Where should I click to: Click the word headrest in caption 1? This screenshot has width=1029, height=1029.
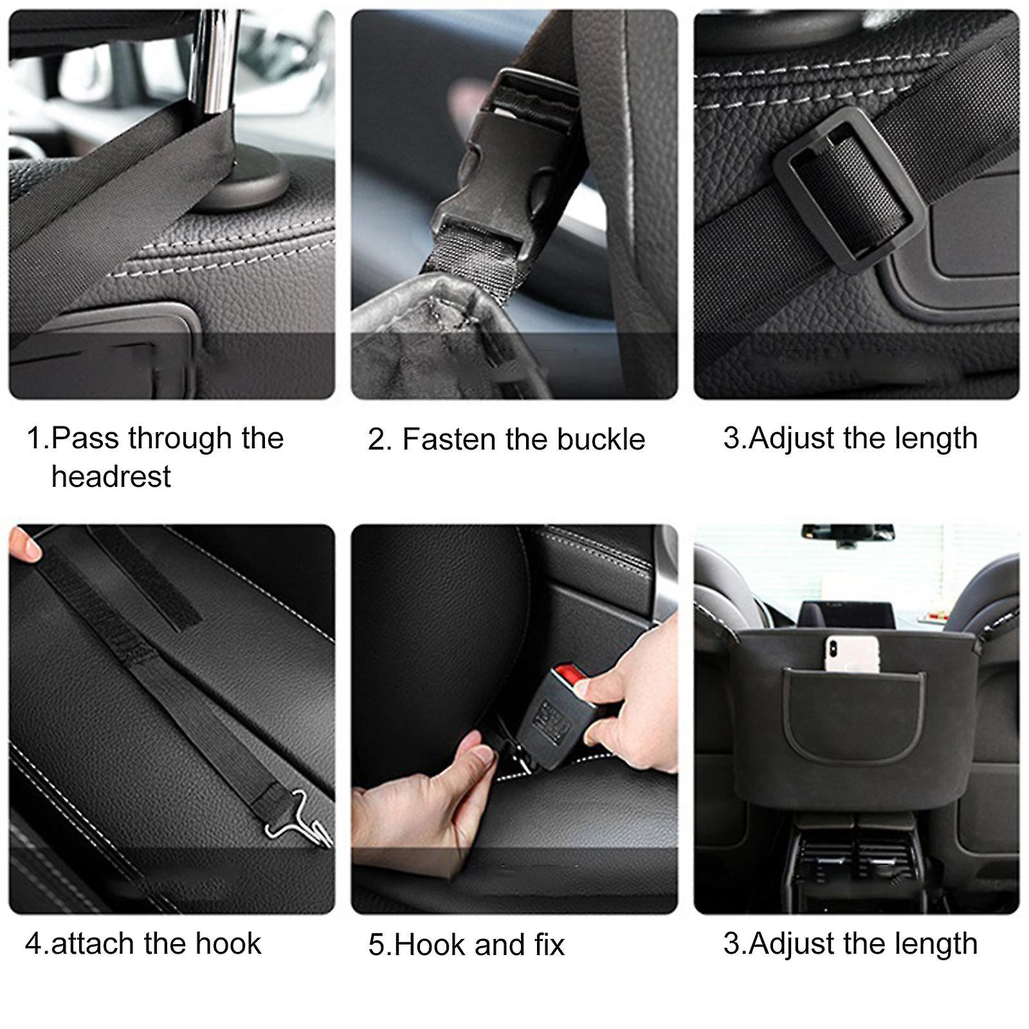[111, 477]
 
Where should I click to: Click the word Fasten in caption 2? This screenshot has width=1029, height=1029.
[449, 440]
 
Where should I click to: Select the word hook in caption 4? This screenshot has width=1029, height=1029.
[228, 943]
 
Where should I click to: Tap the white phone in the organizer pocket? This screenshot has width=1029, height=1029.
[851, 653]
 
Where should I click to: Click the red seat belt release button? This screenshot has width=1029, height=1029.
[569, 675]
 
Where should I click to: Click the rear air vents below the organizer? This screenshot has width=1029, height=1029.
[855, 855]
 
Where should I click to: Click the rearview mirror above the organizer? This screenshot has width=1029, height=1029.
[848, 533]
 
